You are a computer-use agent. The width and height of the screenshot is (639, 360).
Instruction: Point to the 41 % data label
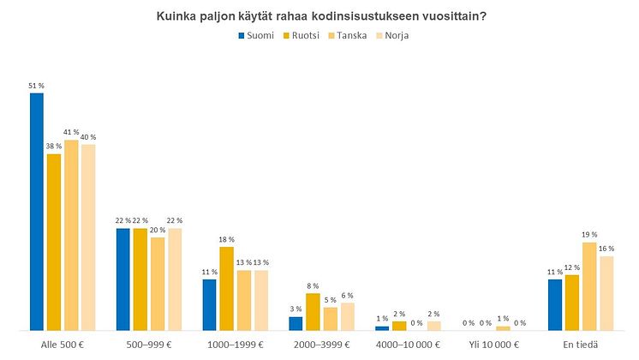70,132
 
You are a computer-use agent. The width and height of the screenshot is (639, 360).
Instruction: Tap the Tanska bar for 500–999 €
158,284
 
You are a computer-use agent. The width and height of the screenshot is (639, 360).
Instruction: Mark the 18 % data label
227,240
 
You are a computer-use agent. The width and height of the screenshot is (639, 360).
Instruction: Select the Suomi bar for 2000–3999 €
296,323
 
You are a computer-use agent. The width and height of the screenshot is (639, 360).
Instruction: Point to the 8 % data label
313,286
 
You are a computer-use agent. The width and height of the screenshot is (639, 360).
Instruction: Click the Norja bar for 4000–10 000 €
433,326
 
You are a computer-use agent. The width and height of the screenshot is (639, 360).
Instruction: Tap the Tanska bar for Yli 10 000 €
503,328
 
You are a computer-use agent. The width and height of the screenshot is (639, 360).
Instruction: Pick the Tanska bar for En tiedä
589,286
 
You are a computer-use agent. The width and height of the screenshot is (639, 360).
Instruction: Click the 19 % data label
589,235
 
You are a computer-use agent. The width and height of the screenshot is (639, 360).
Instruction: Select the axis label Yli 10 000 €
494,345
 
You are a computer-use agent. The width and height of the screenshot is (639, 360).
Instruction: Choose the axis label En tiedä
581,345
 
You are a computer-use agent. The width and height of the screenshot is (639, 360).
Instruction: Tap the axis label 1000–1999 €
236,345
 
